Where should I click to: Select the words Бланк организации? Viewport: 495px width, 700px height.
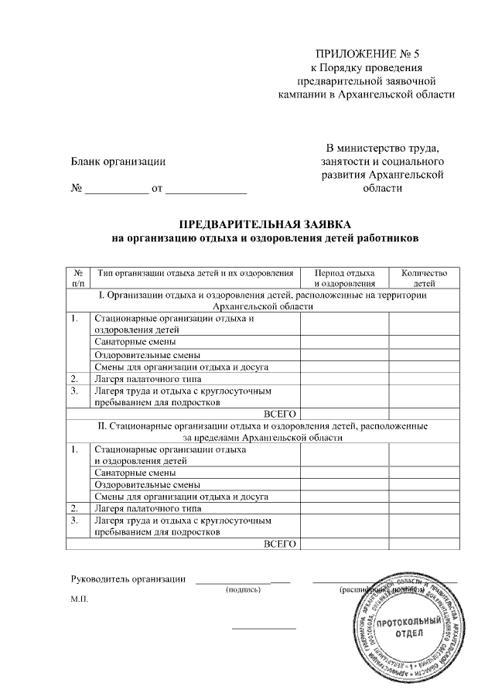coord(118,161)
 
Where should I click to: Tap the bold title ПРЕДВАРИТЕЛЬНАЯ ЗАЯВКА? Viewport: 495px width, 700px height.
coord(265,224)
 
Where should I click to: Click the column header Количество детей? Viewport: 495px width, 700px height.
coord(424,278)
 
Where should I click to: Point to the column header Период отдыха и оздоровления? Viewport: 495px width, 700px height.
coord(344,278)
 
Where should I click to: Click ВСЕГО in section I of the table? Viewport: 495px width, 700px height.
coord(281,414)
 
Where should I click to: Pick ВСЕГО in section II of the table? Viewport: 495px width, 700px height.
coord(281,545)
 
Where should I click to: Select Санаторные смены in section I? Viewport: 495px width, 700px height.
coord(135,341)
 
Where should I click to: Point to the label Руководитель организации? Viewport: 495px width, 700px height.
coord(128,579)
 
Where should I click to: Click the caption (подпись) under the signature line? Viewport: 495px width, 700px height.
coord(243,590)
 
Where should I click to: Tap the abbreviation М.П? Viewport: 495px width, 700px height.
coord(80,599)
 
